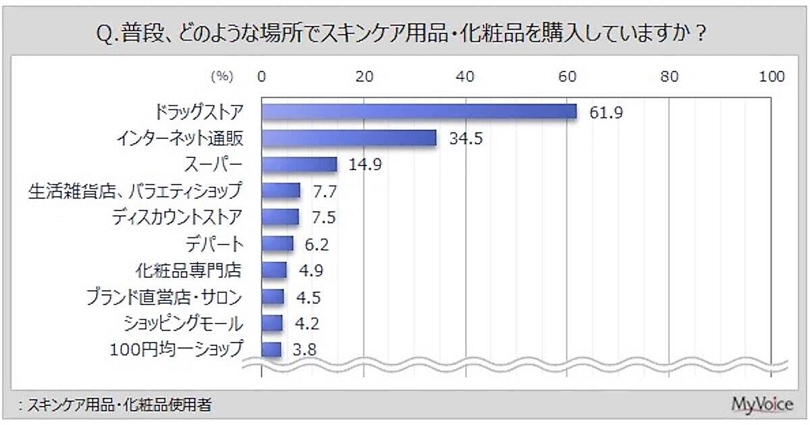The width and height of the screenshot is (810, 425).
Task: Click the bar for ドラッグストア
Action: click(x=418, y=112)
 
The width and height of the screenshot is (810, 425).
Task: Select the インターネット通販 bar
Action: click(x=349, y=138)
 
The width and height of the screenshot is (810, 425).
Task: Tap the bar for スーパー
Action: click(x=299, y=165)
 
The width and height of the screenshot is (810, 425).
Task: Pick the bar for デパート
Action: click(x=277, y=244)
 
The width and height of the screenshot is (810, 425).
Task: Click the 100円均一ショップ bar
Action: click(x=271, y=349)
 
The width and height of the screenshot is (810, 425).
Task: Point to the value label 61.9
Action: click(x=605, y=112)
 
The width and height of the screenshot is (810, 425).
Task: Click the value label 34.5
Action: click(x=465, y=138)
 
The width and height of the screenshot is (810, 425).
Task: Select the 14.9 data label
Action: click(x=365, y=165)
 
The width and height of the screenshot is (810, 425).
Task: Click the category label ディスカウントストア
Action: click(x=175, y=217)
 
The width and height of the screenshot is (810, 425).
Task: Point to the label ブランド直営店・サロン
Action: click(x=164, y=297)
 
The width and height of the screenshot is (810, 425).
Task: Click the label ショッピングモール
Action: click(x=182, y=323)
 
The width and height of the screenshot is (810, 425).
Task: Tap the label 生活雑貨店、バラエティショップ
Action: click(x=134, y=191)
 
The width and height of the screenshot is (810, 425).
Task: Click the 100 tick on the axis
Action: click(x=771, y=77)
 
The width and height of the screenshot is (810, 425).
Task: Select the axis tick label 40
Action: click(x=465, y=77)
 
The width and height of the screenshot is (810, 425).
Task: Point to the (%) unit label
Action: click(x=221, y=77)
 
